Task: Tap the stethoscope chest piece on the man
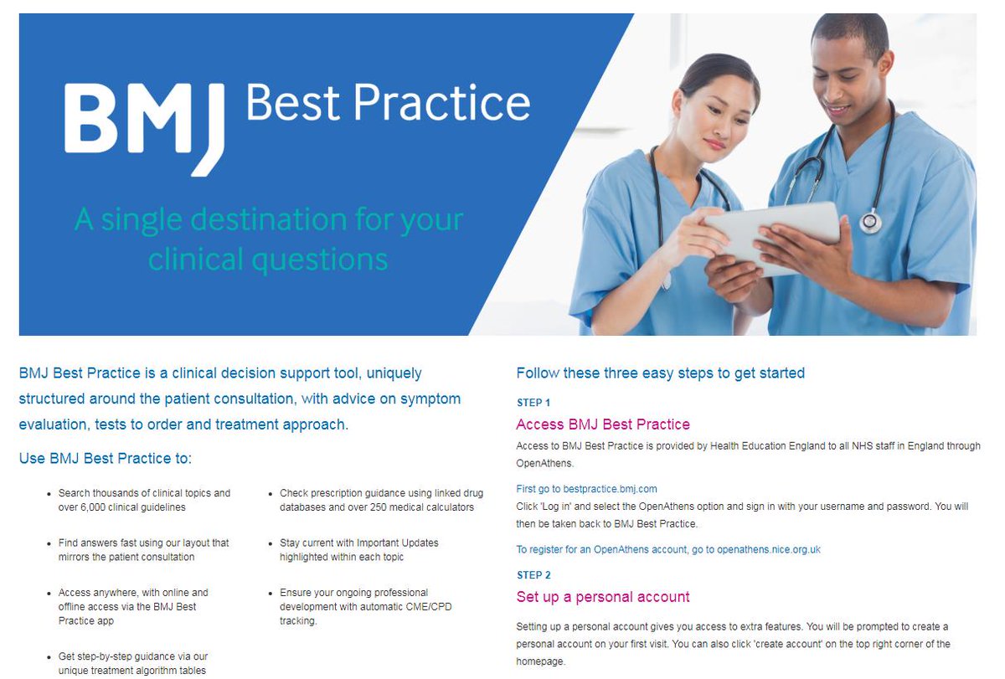871,221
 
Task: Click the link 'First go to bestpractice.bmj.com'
586,488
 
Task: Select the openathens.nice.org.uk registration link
667,549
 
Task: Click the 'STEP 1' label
533,403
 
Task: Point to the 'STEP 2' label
533,575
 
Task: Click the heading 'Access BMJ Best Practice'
603,424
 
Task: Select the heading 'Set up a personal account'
603,597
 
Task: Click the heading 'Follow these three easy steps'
660,373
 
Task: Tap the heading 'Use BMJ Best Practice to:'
106,458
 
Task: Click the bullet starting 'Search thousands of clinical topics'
144,500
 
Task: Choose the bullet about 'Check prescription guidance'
376,500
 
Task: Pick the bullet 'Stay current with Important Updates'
358,549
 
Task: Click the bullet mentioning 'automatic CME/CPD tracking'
365,606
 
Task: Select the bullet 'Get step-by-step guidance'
133,663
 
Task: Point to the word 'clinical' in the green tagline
204,259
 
